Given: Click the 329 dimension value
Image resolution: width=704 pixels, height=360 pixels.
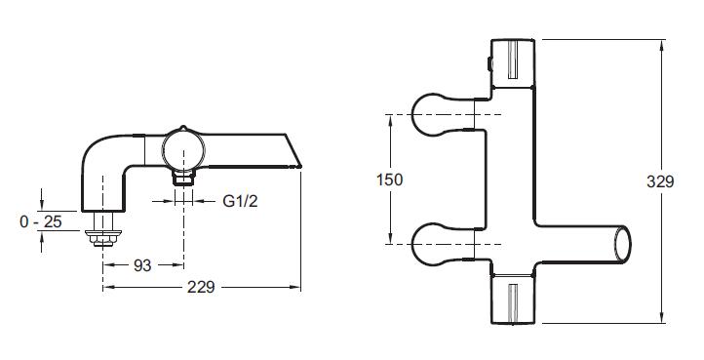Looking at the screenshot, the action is click(660, 181).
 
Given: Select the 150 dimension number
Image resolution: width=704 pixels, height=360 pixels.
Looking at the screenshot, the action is click(390, 180).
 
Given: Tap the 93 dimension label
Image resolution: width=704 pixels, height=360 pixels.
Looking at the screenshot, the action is click(142, 265).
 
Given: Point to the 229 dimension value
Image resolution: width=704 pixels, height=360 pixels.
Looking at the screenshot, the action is click(201, 287).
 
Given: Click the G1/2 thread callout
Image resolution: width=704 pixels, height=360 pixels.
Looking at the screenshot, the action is click(240, 201).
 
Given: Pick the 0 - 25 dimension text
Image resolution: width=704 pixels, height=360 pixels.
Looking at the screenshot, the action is click(41, 221).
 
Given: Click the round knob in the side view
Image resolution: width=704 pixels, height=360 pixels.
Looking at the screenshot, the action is click(183, 150).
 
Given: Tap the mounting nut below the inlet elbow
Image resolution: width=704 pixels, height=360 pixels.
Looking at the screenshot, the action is click(103, 237).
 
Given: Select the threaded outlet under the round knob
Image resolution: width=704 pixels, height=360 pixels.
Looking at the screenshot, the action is click(183, 178).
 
